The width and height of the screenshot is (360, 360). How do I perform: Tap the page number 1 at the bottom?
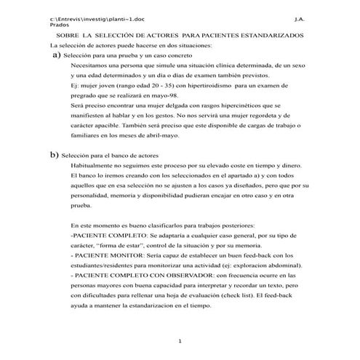tap(180, 341)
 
